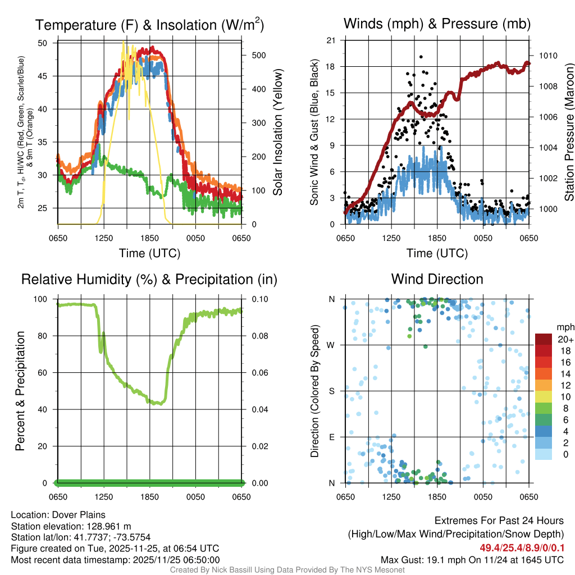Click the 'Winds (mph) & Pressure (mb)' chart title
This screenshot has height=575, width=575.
(x=437, y=24)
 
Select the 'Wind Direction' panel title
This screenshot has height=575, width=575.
(x=437, y=279)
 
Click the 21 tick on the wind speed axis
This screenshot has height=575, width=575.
(x=331, y=40)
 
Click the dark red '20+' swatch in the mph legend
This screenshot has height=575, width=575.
(x=544, y=340)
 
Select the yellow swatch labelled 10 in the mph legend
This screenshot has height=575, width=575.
(x=544, y=397)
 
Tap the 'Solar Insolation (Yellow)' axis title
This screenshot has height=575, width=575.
(x=278, y=133)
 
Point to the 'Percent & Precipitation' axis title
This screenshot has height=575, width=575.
(x=20, y=391)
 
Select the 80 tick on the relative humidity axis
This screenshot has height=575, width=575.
(x=46, y=336)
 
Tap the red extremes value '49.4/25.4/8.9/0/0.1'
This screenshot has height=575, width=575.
(x=522, y=548)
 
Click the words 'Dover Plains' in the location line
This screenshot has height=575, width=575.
(x=77, y=515)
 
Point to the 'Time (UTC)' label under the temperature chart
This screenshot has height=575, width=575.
(x=149, y=253)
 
